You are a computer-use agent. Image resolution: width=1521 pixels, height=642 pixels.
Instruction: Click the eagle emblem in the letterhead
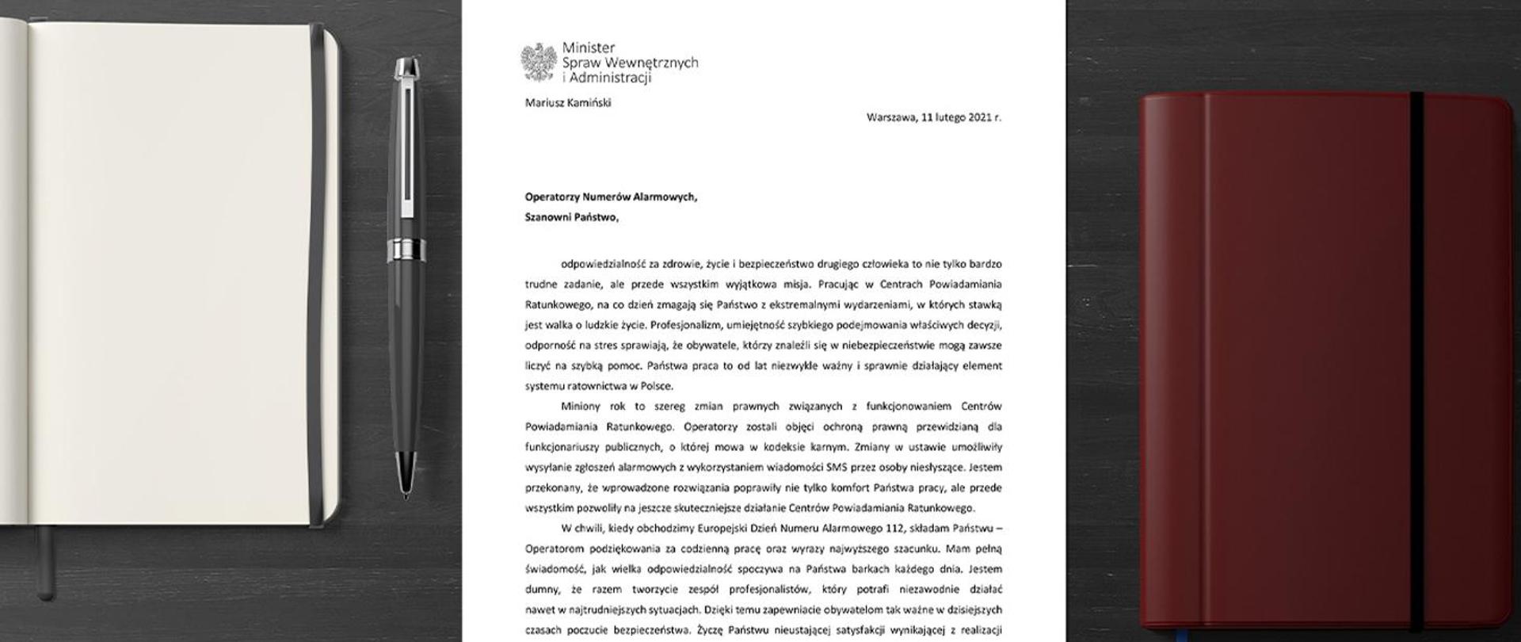538,63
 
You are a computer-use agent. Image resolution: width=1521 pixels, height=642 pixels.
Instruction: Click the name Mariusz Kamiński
567,102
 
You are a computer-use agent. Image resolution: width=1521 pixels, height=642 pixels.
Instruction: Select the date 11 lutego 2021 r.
962,117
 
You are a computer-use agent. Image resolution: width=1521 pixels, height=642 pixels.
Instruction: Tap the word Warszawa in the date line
891,117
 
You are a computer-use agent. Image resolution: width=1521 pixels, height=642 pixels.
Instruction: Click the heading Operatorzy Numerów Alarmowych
611,198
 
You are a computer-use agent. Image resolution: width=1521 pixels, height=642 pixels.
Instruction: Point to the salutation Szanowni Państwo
571,218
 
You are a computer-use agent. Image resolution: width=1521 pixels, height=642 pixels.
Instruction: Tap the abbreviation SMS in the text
815,468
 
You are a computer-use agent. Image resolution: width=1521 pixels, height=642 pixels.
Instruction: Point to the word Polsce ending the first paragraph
655,386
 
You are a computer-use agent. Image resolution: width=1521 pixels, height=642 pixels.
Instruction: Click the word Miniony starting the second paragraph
582,407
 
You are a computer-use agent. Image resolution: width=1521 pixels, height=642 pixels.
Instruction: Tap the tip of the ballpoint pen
406,496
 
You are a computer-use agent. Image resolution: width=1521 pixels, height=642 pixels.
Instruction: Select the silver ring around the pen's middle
406,250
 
